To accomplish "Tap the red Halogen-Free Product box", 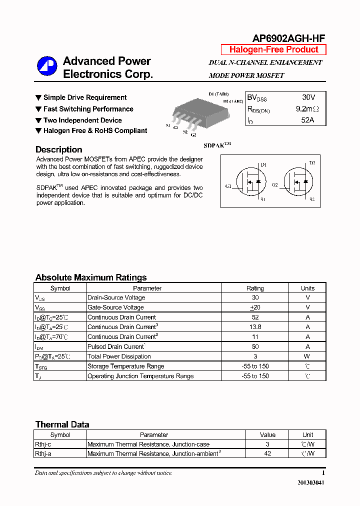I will pyautogui.click(x=273, y=49).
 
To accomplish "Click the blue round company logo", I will pyautogui.click(x=47, y=66).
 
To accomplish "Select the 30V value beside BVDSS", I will pyautogui.click(x=308, y=97).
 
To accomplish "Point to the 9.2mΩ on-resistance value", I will pyautogui.click(x=307, y=108).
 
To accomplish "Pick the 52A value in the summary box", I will pyautogui.click(x=308, y=120).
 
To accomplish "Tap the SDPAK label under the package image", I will pyautogui.click(x=217, y=145).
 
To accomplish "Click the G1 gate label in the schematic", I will pyautogui.click(x=228, y=186).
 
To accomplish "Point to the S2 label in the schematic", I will pyautogui.click(x=312, y=199).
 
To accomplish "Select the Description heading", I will pyautogui.click(x=59, y=149).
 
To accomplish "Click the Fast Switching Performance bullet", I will pyautogui.click(x=88, y=109).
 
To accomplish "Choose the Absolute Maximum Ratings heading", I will pyautogui.click(x=91, y=277).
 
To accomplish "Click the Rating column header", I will pyautogui.click(x=255, y=288).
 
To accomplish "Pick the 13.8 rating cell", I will pyautogui.click(x=255, y=327).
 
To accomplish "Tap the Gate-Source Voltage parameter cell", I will pyautogui.click(x=115, y=307).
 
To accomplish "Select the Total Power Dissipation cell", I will pyautogui.click(x=119, y=356).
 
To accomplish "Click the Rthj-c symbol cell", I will pyautogui.click(x=43, y=444).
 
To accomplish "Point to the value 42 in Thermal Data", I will pyautogui.click(x=267, y=453).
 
